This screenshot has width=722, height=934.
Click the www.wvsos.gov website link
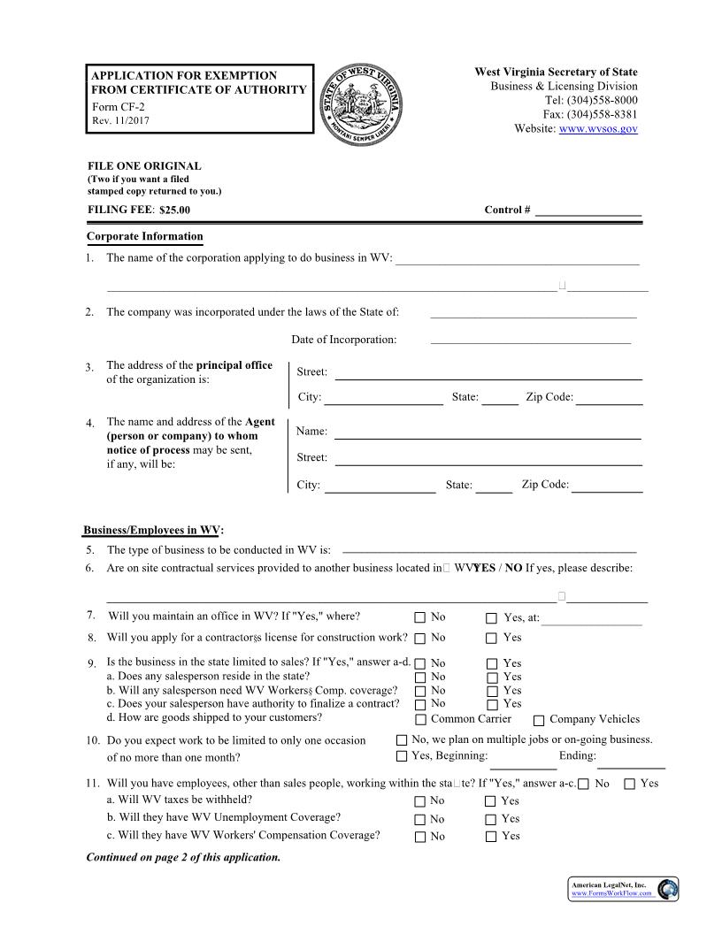pyautogui.click(x=598, y=129)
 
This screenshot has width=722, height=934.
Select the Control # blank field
pyautogui.click(x=588, y=211)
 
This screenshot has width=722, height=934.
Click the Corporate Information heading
pyautogui.click(x=145, y=237)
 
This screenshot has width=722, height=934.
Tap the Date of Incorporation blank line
pyautogui.click(x=530, y=340)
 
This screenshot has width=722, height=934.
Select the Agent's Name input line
pyautogui.click(x=487, y=432)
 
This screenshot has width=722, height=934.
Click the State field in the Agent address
pyautogui.click(x=494, y=485)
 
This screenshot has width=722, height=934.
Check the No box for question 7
pyautogui.click(x=420, y=618)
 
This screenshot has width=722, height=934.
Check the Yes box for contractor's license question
pyautogui.click(x=492, y=638)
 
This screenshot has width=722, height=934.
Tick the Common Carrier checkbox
pyautogui.click(x=420, y=719)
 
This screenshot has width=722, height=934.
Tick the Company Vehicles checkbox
pyautogui.click(x=539, y=720)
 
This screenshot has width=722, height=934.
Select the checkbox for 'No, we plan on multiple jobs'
pyautogui.click(x=402, y=740)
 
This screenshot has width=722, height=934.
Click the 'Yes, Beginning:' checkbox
pyautogui.click(x=402, y=756)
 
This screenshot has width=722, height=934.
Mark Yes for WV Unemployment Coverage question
pyautogui.click(x=490, y=819)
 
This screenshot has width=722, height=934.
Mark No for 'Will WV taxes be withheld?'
pyautogui.click(x=419, y=801)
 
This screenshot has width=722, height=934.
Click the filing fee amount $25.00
pyautogui.click(x=174, y=211)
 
